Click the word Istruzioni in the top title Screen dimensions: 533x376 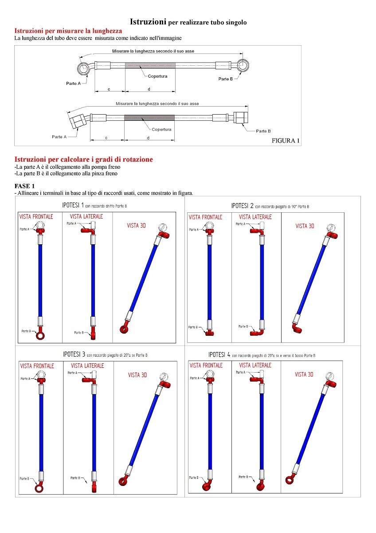[148, 22]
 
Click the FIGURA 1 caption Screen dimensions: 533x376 [286, 141]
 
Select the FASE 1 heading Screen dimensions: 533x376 [24, 186]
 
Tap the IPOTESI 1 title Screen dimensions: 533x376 [73, 206]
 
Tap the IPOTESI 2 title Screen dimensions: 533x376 [243, 206]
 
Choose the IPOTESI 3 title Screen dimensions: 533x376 [74, 354]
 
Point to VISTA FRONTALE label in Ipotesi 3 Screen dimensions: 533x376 [37, 366]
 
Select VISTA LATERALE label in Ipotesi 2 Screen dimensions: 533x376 [255, 217]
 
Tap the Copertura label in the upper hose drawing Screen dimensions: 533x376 [157, 76]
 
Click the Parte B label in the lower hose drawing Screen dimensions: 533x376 [263, 131]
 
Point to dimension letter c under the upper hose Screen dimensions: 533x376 [109, 89]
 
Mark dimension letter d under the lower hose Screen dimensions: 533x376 [148, 138]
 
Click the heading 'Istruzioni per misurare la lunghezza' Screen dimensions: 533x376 [68, 31]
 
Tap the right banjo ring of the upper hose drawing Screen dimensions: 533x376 [243, 66]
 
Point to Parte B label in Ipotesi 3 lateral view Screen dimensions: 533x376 [75, 478]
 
